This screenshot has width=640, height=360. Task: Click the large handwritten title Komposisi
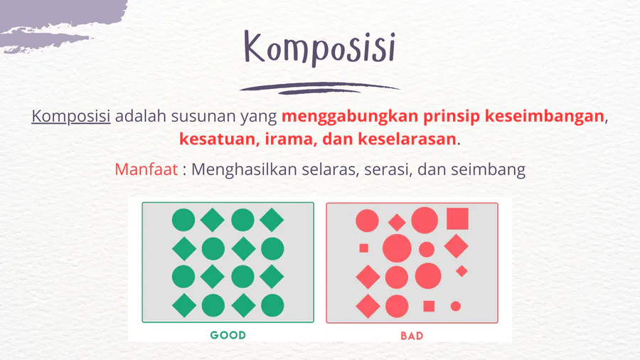(x=319, y=48)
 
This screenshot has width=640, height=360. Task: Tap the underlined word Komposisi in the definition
(x=71, y=117)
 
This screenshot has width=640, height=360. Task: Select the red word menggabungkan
(x=350, y=117)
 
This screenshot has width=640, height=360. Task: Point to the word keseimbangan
(x=545, y=117)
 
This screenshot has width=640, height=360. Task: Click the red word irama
(x=291, y=139)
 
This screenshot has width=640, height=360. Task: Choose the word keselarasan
(x=407, y=139)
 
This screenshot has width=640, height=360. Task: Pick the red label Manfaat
(x=146, y=169)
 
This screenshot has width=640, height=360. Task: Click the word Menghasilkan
(x=244, y=169)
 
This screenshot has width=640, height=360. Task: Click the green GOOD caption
(x=228, y=335)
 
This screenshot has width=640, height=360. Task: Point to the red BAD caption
(x=412, y=336)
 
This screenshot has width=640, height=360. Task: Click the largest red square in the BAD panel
(x=457, y=219)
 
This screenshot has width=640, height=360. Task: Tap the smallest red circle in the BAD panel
(x=456, y=306)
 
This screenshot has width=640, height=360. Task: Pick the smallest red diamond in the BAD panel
(x=462, y=271)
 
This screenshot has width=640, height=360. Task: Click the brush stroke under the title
(x=319, y=88)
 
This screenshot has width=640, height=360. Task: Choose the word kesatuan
(x=219, y=139)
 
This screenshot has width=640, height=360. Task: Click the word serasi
(x=388, y=169)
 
